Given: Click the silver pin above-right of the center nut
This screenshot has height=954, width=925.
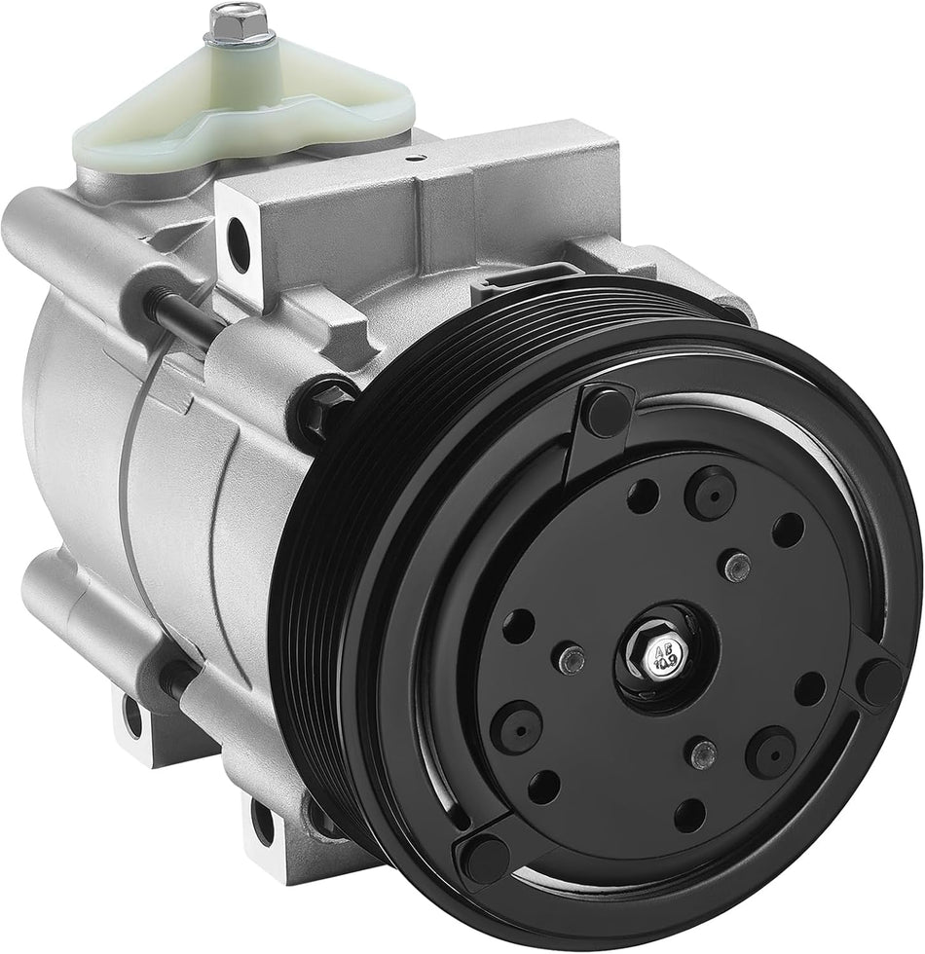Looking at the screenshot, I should [x=741, y=564].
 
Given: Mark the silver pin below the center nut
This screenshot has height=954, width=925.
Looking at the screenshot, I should [x=698, y=751].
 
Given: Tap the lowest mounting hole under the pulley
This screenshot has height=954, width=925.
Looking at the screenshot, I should [x=261, y=817].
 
